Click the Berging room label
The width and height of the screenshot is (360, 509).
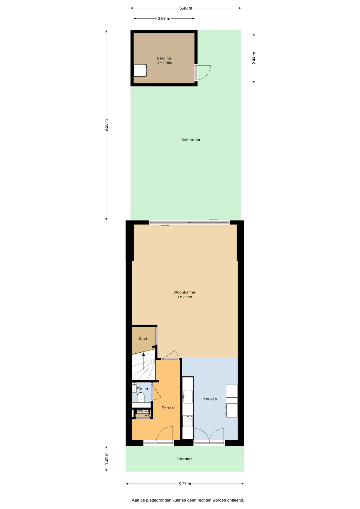(x=164, y=58)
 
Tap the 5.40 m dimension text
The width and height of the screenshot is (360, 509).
(x=186, y=8)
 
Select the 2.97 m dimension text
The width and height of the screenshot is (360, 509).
(x=164, y=19)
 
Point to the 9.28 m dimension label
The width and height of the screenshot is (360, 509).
(x=106, y=125)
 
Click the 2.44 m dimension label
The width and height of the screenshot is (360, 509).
(x=254, y=58)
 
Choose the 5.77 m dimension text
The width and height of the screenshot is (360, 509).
(x=185, y=484)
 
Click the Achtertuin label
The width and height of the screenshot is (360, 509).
(x=191, y=140)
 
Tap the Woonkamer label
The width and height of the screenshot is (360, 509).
(x=185, y=292)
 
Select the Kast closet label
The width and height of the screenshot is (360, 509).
(x=143, y=339)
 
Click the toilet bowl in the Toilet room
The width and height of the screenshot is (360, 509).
(x=141, y=397)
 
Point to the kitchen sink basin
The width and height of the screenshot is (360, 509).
(x=188, y=397)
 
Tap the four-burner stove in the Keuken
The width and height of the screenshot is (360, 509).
(x=188, y=421)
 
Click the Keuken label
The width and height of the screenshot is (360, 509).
(x=210, y=399)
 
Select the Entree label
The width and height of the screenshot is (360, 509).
(x=168, y=408)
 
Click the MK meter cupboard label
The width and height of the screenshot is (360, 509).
(x=147, y=416)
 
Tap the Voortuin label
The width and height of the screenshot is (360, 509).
(x=185, y=459)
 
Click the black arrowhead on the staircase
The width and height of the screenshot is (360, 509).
(x=143, y=354)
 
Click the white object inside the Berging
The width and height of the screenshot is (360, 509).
(x=140, y=71)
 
